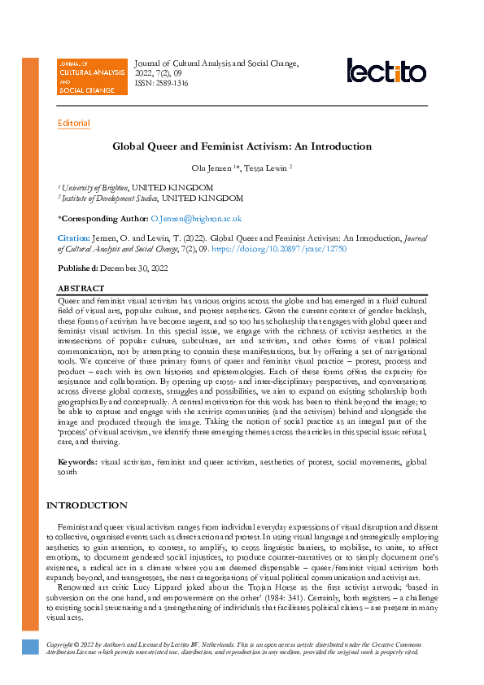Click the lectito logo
pyautogui.click(x=386, y=71)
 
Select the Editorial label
pyautogui.click(x=74, y=124)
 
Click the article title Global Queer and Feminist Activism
pyautogui.click(x=242, y=146)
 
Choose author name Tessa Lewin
pyautogui.click(x=266, y=168)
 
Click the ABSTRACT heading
pyautogui.click(x=81, y=289)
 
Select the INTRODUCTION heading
pyautogui.click(x=86, y=505)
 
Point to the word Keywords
pyautogui.click(x=76, y=462)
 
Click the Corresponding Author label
pyautogui.click(x=103, y=219)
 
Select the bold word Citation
pyautogui.click(x=72, y=239)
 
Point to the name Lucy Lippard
pyautogui.click(x=150, y=585)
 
